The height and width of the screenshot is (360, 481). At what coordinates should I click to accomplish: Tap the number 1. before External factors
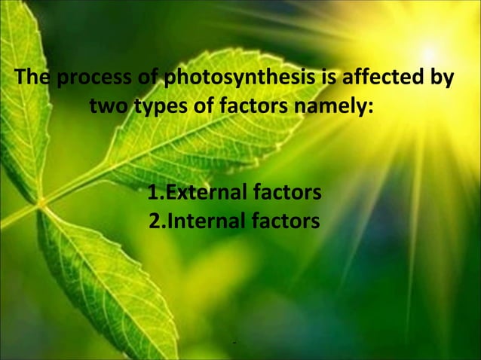[155, 194]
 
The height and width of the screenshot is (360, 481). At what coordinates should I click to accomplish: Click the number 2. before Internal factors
[155, 221]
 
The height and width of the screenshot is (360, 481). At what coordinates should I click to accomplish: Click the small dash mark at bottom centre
[235, 345]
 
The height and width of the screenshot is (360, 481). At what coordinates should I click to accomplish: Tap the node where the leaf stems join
[41, 203]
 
